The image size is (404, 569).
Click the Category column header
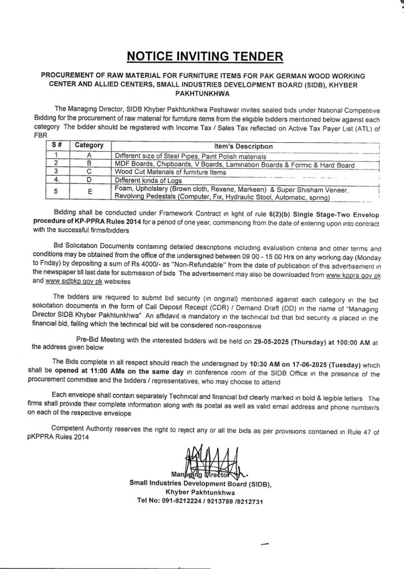pyautogui.click(x=90, y=145)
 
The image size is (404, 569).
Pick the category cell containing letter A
pyautogui.click(x=90, y=156)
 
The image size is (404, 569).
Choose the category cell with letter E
pyautogui.click(x=90, y=194)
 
